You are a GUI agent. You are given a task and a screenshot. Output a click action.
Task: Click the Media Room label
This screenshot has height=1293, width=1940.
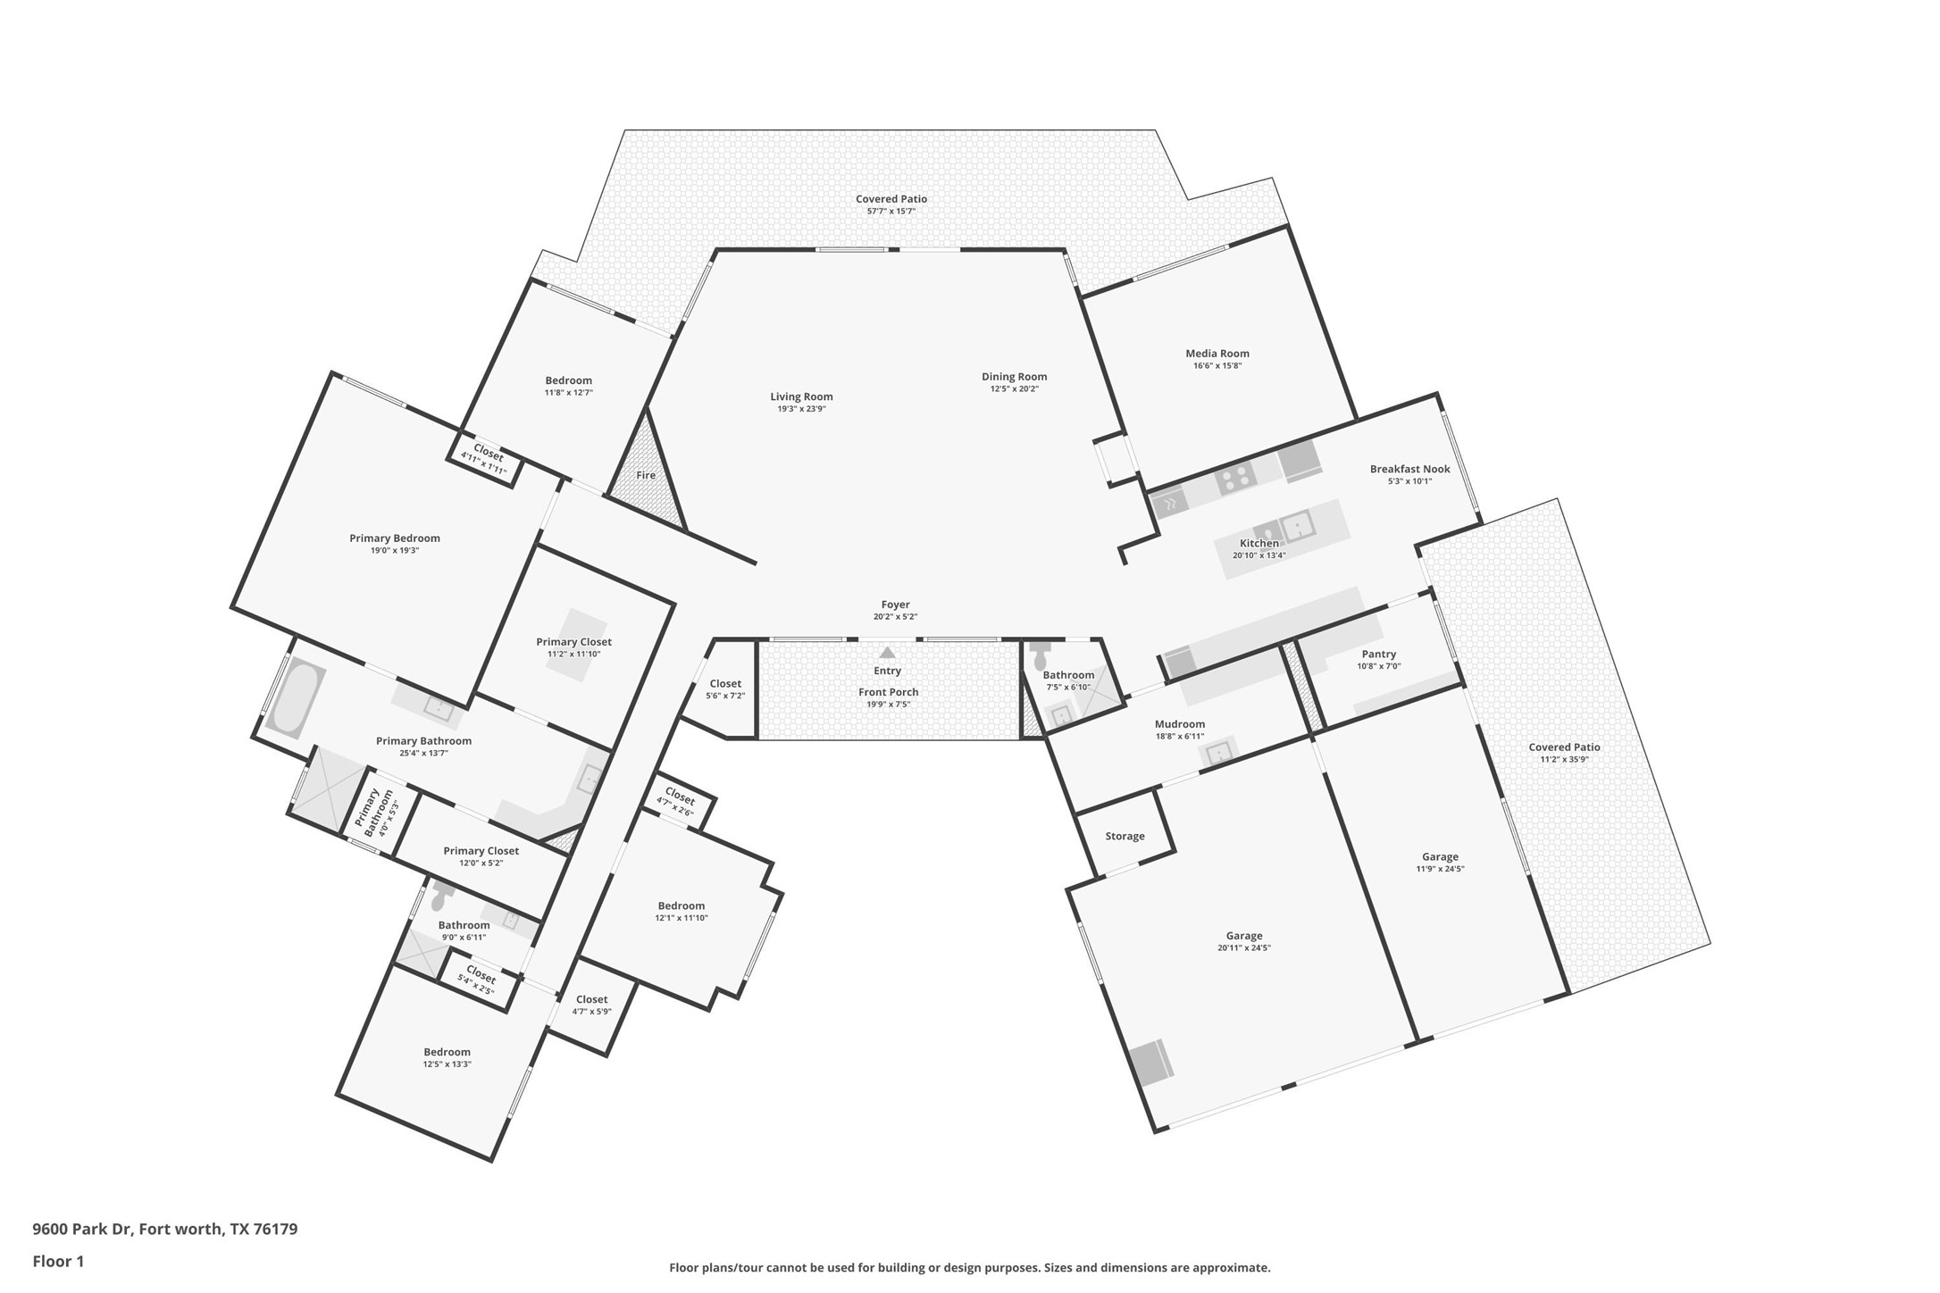pyautogui.click(x=1217, y=354)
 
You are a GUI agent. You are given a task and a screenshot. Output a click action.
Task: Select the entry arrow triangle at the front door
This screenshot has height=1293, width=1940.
pyautogui.click(x=887, y=653)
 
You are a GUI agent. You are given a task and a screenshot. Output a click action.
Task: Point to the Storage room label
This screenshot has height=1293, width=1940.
pyautogui.click(x=1125, y=837)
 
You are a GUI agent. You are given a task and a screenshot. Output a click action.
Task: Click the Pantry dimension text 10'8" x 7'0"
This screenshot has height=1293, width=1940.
pyautogui.click(x=1379, y=666)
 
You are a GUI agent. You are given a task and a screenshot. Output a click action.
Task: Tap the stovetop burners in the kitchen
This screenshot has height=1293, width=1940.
pyautogui.click(x=1235, y=479)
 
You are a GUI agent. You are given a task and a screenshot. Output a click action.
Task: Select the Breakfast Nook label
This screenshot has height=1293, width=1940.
pyautogui.click(x=1410, y=469)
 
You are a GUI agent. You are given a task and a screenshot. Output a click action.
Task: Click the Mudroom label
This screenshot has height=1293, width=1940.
pyautogui.click(x=1180, y=724)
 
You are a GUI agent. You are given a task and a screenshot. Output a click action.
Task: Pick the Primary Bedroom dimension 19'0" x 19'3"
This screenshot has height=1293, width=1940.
pyautogui.click(x=395, y=551)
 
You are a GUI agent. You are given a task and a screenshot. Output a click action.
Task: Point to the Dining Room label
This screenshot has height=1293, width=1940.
pyautogui.click(x=1015, y=377)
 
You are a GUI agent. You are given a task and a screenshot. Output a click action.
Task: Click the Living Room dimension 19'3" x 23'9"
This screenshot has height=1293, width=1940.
pyautogui.click(x=802, y=409)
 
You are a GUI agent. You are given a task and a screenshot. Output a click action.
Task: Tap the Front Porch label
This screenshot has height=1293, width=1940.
pyautogui.click(x=889, y=692)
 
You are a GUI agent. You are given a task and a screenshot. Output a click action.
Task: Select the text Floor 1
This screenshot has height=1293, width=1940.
pyautogui.click(x=58, y=1262)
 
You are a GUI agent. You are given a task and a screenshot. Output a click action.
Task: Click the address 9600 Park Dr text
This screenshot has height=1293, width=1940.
pyautogui.click(x=83, y=1229)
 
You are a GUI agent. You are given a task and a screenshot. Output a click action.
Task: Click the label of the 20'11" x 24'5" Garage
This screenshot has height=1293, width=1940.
pyautogui.click(x=1244, y=937)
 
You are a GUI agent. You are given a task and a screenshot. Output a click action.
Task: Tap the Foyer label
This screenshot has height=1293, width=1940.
pyautogui.click(x=896, y=605)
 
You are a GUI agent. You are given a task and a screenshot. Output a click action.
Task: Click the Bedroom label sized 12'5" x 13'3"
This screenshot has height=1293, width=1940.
pyautogui.click(x=447, y=1052)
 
